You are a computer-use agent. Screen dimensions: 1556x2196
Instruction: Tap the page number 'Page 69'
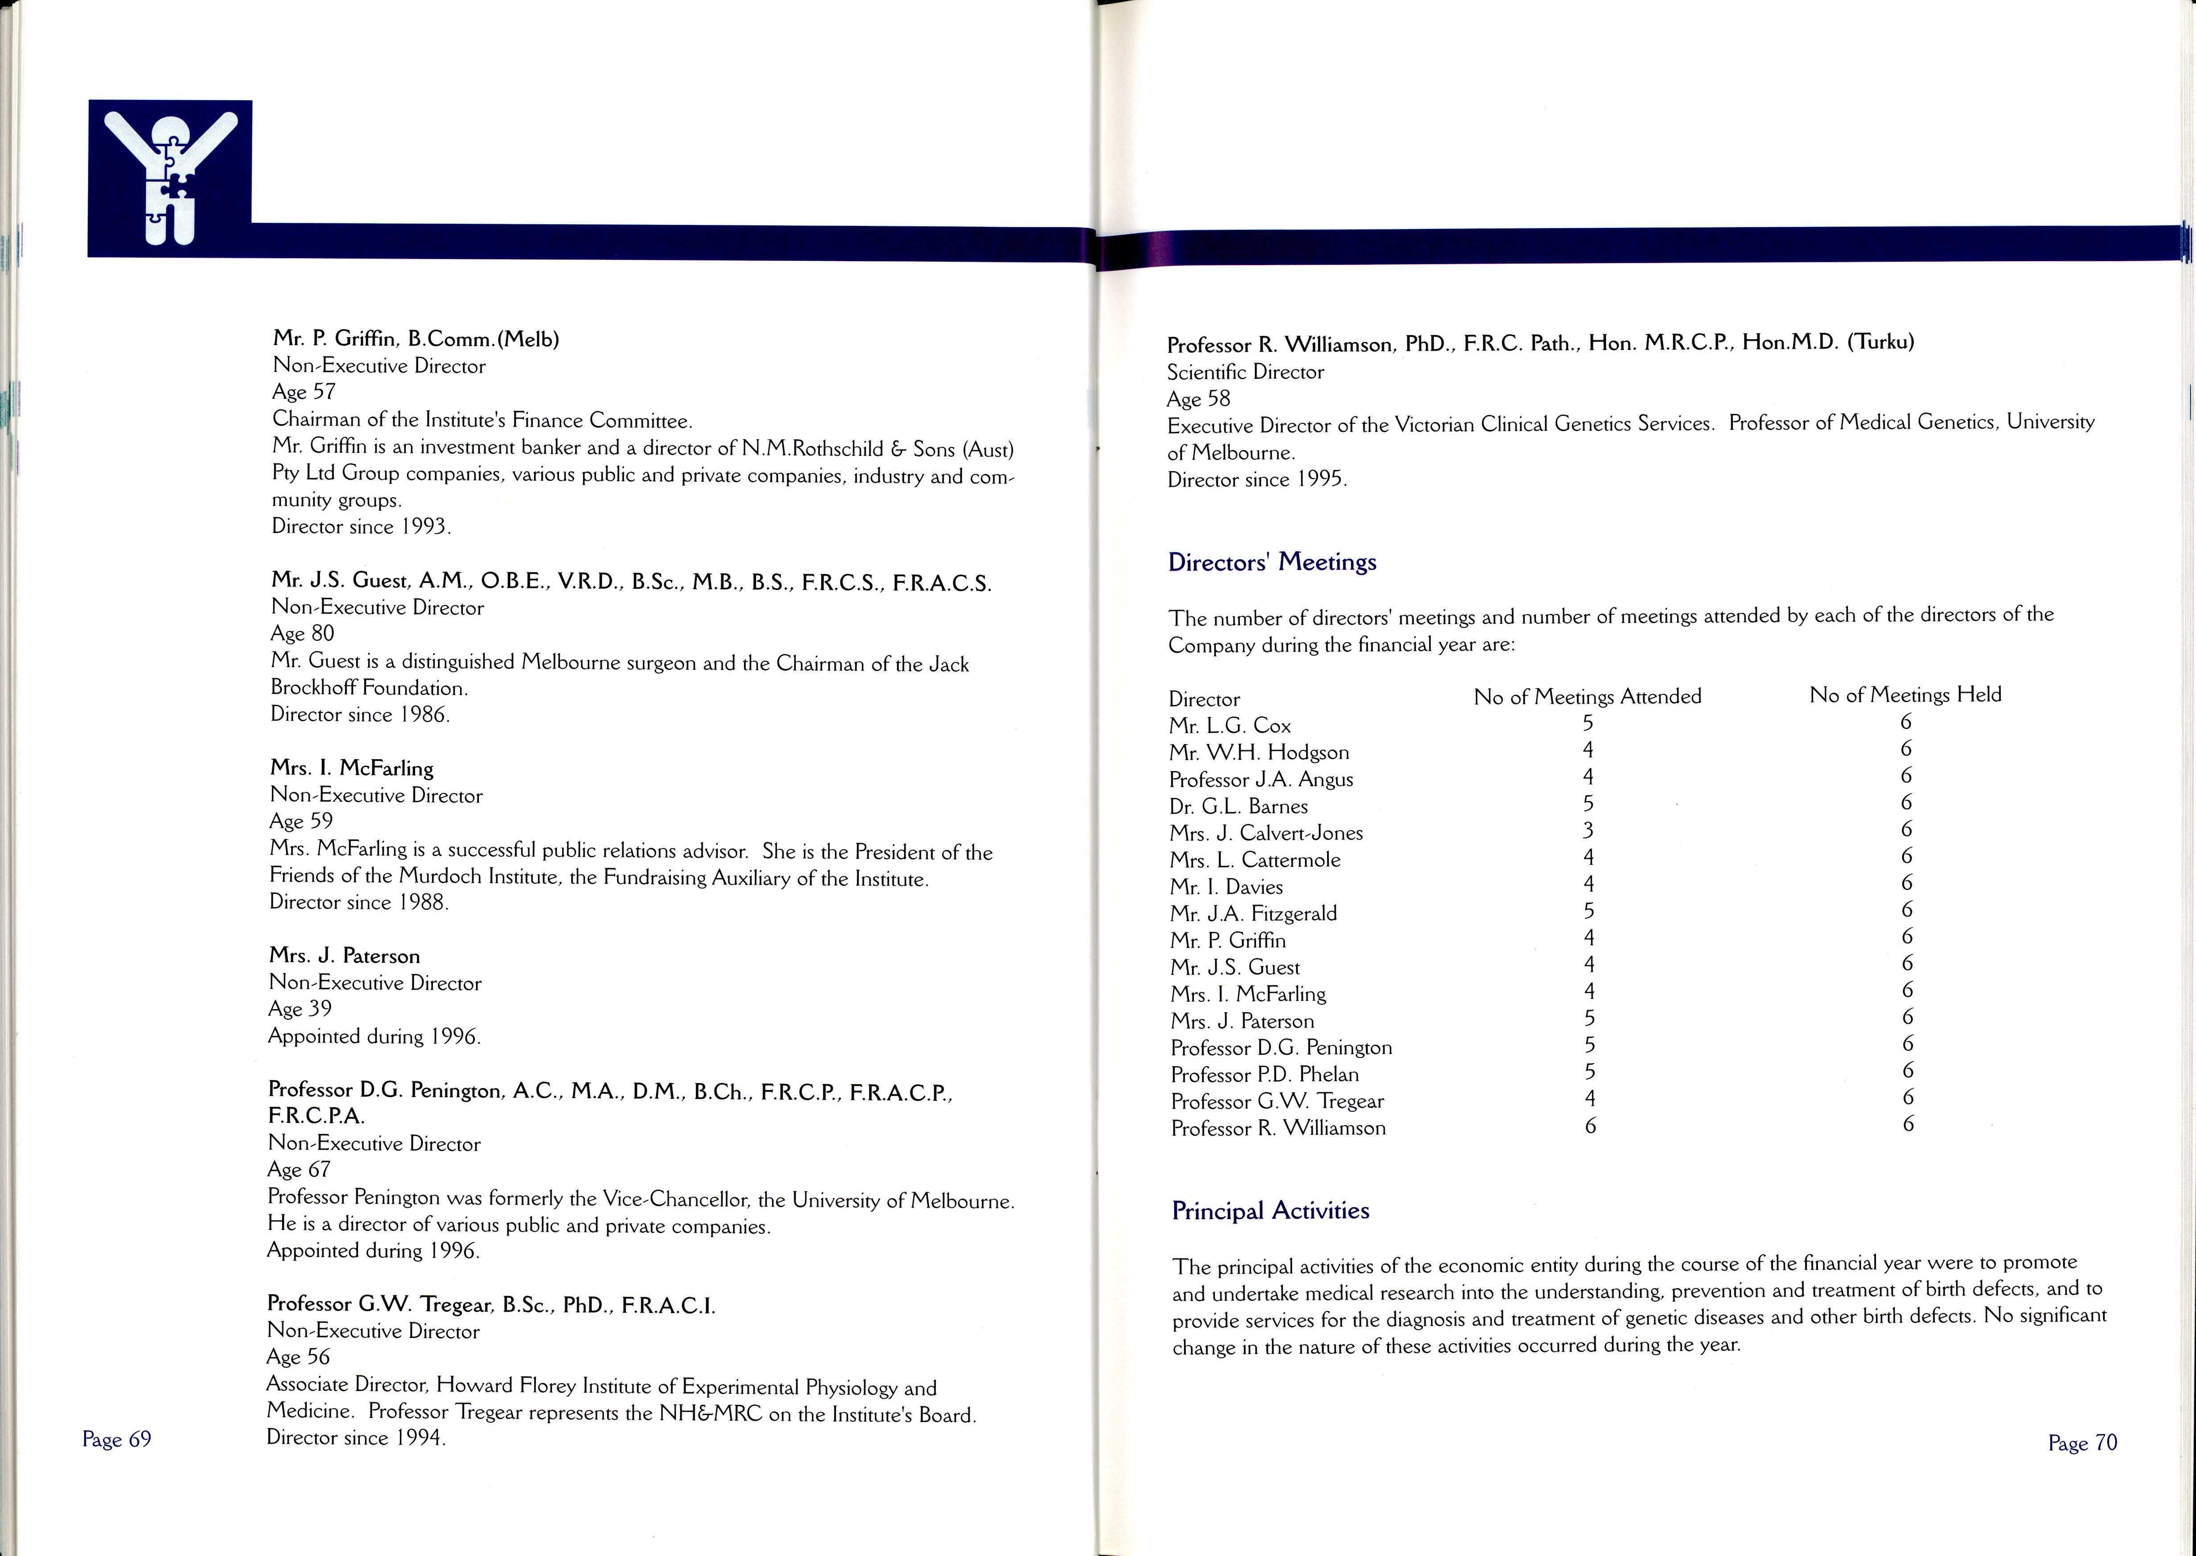pyautogui.click(x=117, y=1439)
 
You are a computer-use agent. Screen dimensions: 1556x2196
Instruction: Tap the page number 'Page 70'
pyautogui.click(x=2082, y=1443)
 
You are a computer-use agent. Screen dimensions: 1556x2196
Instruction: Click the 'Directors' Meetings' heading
pyautogui.click(x=1272, y=561)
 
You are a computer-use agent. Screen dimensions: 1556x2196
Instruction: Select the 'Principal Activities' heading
pyautogui.click(x=1270, y=1211)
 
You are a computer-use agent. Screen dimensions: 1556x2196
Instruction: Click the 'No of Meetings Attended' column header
pyautogui.click(x=1587, y=696)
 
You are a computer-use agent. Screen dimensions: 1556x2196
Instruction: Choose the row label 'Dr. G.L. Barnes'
pyautogui.click(x=1238, y=807)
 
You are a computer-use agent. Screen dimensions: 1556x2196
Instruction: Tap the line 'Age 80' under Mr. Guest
pyautogui.click(x=303, y=633)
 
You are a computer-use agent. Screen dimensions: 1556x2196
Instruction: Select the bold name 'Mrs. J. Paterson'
pyautogui.click(x=344, y=956)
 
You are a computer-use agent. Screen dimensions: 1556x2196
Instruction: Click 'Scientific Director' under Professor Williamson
pyautogui.click(x=1245, y=372)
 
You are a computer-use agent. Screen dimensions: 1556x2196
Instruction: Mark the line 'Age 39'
pyautogui.click(x=300, y=1009)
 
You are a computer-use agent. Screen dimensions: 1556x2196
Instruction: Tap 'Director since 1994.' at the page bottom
pyautogui.click(x=357, y=1438)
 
